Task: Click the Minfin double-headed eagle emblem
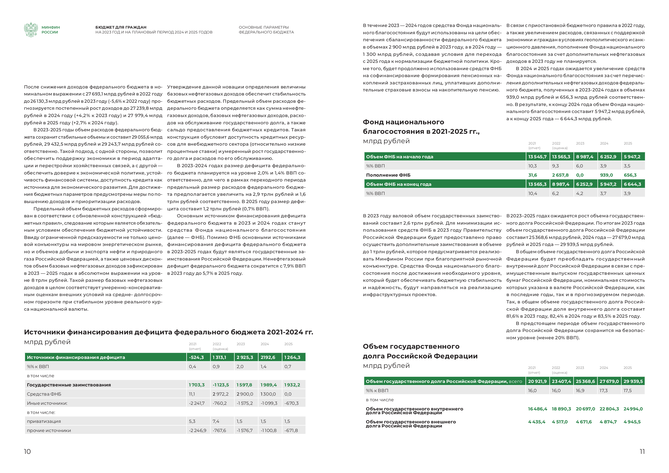(30, 30)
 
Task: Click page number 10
(28, 451)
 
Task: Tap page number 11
(642, 451)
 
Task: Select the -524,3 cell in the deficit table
(196, 357)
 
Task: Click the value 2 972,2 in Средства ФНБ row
(220, 394)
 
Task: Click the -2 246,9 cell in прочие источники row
(198, 430)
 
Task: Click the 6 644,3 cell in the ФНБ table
(632, 184)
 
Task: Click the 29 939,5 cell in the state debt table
(633, 381)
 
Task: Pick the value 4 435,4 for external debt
(536, 422)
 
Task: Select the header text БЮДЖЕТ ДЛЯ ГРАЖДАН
(121, 27)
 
